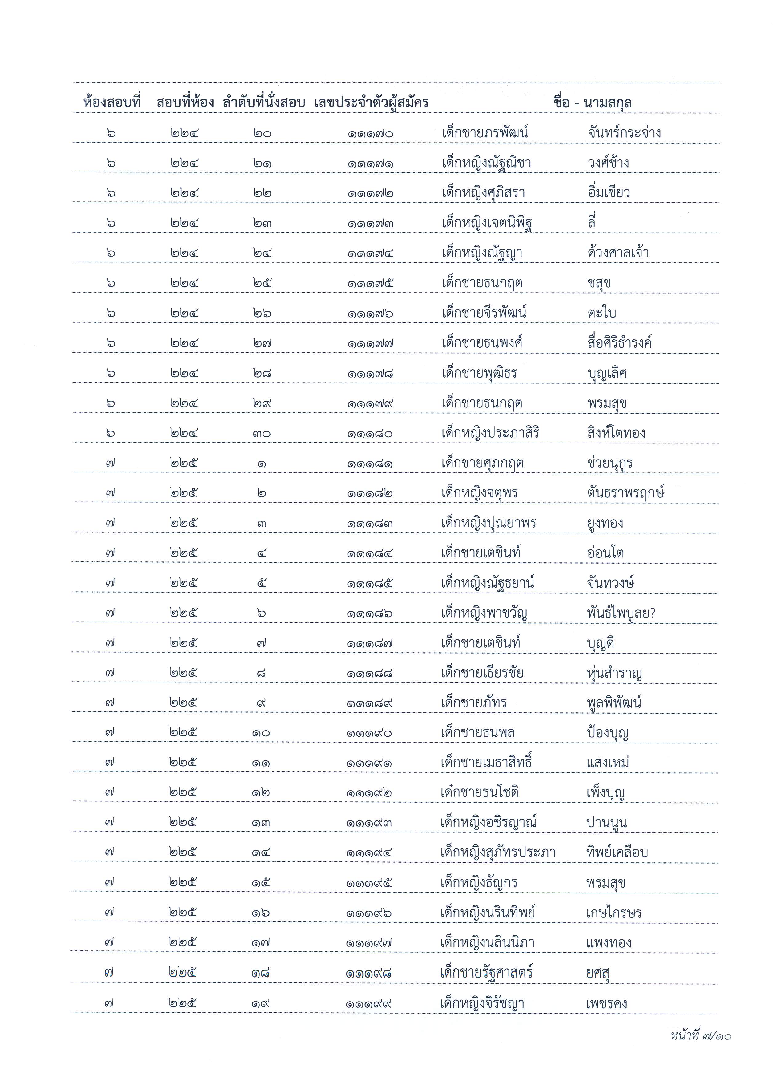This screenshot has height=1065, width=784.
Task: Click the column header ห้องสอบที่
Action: point(112,102)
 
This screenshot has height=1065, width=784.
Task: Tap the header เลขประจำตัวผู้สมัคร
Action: point(371,102)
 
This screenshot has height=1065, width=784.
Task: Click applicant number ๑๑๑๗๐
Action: point(370,133)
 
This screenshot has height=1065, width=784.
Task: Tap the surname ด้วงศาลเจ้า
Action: point(617,253)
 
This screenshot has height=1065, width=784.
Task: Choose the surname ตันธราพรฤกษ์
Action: point(625,493)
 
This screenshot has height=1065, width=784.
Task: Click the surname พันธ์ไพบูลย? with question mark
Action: point(621,613)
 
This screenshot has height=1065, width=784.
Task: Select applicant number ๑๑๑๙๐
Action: point(369,733)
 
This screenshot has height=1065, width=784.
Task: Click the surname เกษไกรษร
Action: point(614,913)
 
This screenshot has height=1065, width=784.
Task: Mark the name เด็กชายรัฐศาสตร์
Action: point(486,972)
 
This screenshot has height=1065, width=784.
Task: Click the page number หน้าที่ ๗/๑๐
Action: point(701,1035)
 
